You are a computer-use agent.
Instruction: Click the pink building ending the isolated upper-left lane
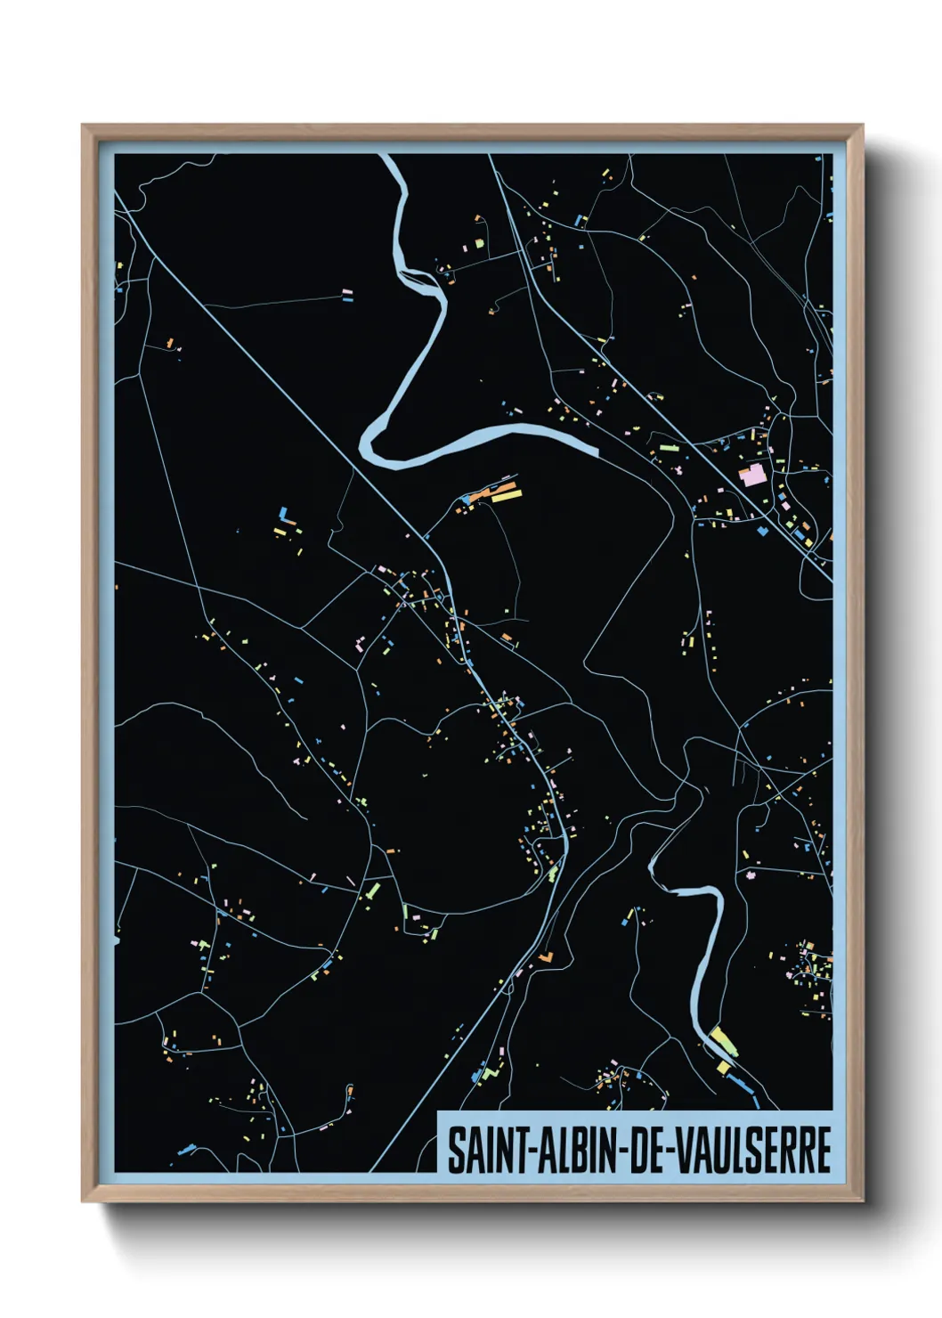[347, 291]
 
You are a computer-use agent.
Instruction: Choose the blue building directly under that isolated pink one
[347, 299]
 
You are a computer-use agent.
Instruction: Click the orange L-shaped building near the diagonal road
[545, 957]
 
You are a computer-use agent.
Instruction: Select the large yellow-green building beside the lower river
[724, 1041]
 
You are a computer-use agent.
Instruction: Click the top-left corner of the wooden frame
[83, 126]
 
